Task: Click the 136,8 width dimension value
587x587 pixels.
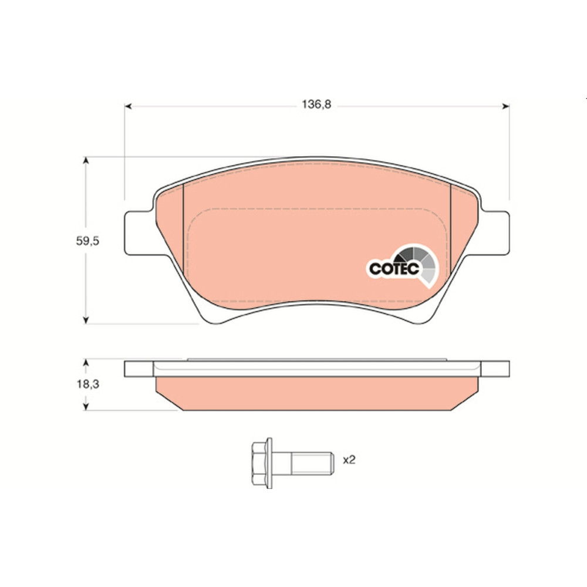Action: pyautogui.click(x=316, y=104)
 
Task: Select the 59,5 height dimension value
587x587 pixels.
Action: pyautogui.click(x=87, y=241)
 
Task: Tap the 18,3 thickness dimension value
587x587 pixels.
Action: pyautogui.click(x=88, y=384)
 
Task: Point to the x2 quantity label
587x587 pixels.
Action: pyautogui.click(x=349, y=460)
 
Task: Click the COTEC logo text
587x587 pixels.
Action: pyautogui.click(x=394, y=268)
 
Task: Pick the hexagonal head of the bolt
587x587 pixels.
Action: pyautogui.click(x=262, y=463)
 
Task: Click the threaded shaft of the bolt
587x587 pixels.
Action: pyautogui.click(x=313, y=464)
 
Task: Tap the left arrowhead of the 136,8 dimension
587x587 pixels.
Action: pyautogui.click(x=128, y=106)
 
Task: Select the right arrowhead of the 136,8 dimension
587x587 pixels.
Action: pyautogui.click(x=505, y=106)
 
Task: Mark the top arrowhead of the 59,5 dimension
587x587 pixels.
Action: pyautogui.click(x=86, y=161)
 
